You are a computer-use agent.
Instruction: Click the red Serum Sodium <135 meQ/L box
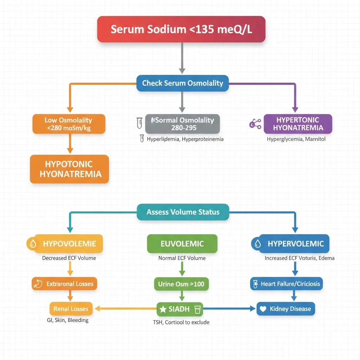181,29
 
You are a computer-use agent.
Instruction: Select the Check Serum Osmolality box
182,83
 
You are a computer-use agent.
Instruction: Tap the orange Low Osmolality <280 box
69,124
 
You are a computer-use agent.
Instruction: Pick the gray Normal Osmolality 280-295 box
182,124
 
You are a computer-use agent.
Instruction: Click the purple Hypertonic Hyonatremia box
298,124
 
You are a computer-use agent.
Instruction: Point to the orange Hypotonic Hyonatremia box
69,169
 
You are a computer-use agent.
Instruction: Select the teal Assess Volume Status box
183,212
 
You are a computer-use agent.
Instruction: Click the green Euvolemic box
182,243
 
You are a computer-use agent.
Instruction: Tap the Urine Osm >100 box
181,284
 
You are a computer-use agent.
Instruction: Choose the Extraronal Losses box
64,284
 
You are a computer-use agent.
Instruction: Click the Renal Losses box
71,309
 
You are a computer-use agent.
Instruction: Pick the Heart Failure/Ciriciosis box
286,284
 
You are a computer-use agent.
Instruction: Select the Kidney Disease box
286,309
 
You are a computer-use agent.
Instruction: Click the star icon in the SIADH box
163,309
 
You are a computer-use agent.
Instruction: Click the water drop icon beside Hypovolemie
33,244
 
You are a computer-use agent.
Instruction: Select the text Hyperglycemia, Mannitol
296,139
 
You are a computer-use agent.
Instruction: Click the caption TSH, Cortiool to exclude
181,322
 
